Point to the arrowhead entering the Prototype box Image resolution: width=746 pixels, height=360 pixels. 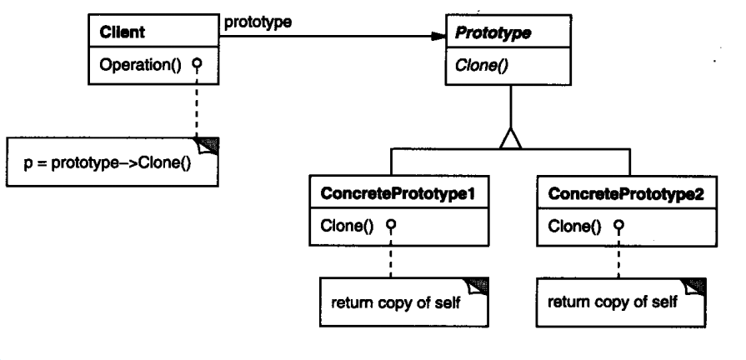click(437, 37)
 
